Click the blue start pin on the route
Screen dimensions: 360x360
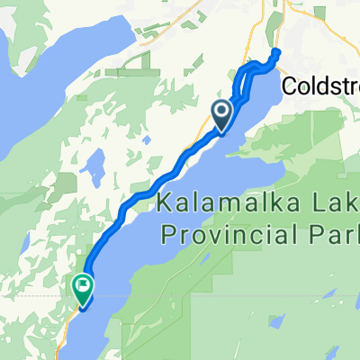pos(220,112)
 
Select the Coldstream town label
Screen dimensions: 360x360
pos(320,85)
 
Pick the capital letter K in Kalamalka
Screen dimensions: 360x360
pos(164,203)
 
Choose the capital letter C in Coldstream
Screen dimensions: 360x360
pos(288,85)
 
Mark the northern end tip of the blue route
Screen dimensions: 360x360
pos(274,52)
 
